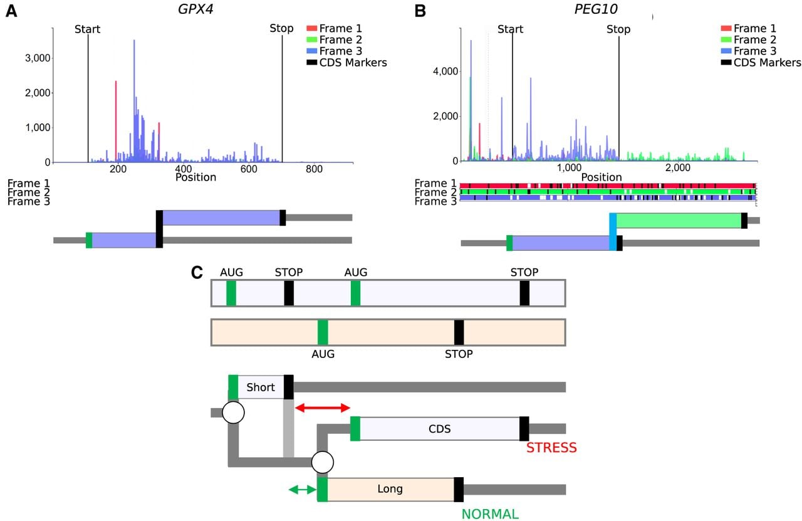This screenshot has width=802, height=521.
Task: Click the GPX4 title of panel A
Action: click(x=195, y=9)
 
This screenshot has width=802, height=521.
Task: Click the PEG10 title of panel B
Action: click(x=596, y=9)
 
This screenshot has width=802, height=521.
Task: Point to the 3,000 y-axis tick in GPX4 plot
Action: click(x=38, y=58)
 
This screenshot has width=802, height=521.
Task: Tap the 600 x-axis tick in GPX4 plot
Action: click(x=249, y=169)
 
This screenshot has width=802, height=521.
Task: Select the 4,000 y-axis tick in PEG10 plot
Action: click(x=445, y=71)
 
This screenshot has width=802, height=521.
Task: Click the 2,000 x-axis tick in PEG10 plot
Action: click(x=678, y=167)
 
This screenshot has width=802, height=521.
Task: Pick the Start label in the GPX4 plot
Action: click(x=87, y=29)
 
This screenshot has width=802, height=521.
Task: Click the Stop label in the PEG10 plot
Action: click(x=618, y=29)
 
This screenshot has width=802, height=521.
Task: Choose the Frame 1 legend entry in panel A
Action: click(x=335, y=28)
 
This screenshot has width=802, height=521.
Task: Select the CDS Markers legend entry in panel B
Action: click(x=761, y=62)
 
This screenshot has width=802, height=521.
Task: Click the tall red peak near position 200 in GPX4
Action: click(x=116, y=122)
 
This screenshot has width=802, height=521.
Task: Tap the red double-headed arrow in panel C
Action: click(x=323, y=408)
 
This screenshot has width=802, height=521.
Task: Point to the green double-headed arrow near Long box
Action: click(x=303, y=489)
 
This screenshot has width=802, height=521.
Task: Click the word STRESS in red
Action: click(x=551, y=448)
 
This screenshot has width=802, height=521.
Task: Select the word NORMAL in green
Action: click(x=490, y=514)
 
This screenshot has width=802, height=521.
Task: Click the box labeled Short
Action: click(x=261, y=387)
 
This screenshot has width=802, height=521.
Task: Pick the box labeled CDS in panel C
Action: click(x=440, y=429)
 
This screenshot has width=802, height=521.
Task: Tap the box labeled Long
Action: click(x=390, y=489)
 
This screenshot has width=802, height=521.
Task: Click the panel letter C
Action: click(x=197, y=272)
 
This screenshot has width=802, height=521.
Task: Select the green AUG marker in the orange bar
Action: click(x=323, y=332)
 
